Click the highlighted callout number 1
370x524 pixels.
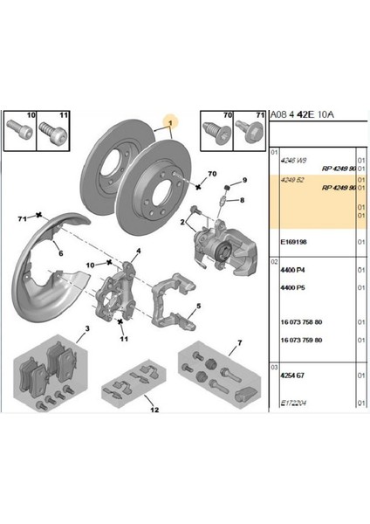pos(172,124)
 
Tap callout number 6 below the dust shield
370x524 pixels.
pos(60,252)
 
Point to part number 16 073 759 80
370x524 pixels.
pos(301,340)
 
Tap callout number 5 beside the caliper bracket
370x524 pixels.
pos(199,307)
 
